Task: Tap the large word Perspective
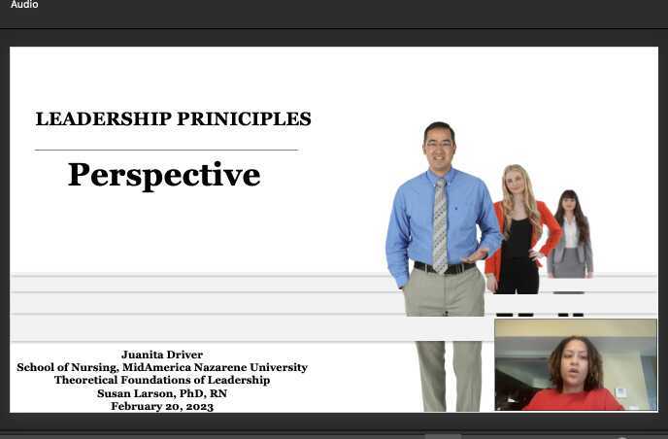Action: [x=164, y=175]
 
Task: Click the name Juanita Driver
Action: [x=162, y=355]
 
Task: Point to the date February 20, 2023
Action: [x=162, y=406]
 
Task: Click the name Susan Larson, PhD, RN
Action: [x=162, y=393]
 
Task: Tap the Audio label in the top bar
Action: [x=24, y=5]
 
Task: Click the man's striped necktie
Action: [x=440, y=224]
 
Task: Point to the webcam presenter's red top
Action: [x=573, y=399]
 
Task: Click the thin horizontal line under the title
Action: [x=166, y=150]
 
